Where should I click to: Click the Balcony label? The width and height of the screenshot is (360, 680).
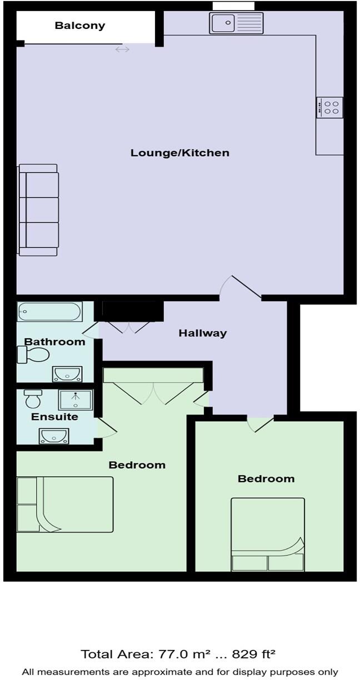[80, 26]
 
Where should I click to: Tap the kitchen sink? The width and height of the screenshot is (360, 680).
[236, 23]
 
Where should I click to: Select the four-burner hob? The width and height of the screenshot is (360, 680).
[329, 107]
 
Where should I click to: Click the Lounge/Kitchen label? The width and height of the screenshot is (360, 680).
[180, 153]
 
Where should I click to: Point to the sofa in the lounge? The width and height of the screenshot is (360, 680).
[38, 210]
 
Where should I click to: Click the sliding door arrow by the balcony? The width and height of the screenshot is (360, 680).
[122, 49]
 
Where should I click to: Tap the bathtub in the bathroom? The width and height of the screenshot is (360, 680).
[50, 312]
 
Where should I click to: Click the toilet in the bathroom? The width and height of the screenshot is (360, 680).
[34, 354]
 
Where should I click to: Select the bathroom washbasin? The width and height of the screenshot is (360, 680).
[67, 374]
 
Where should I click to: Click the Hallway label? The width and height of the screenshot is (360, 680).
[203, 333]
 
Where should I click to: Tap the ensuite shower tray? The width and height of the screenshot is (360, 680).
[76, 399]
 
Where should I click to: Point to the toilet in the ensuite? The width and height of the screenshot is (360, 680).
[33, 398]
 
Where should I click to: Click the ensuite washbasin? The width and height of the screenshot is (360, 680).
[54, 436]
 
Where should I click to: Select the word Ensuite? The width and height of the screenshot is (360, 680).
[54, 417]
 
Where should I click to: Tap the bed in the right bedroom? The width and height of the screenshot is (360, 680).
[268, 534]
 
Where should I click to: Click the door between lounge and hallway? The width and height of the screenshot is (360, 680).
[240, 287]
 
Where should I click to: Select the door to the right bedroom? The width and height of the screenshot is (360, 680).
[260, 423]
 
